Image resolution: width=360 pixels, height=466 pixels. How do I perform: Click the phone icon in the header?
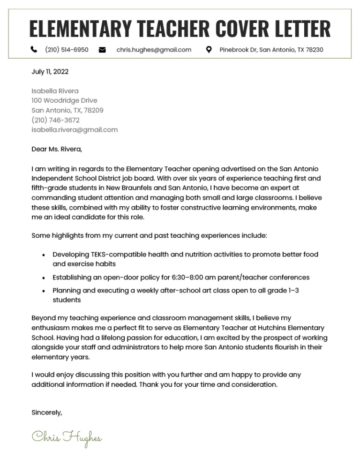coord(34,50)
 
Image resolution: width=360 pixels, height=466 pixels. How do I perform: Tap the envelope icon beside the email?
coord(102,50)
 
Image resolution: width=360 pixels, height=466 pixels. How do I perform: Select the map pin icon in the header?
coord(209,50)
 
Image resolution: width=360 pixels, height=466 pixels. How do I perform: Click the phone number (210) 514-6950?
coord(67,50)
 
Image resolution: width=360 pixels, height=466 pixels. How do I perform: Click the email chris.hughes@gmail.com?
coord(154,50)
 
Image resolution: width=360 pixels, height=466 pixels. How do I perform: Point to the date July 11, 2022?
coord(50,72)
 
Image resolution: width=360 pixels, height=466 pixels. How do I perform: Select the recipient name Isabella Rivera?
coord(55,91)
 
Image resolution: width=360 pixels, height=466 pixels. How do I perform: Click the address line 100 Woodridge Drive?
coord(64,100)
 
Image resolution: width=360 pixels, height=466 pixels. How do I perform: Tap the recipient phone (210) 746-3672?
coord(55,120)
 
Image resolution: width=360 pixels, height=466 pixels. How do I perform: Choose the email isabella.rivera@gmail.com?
coord(75,130)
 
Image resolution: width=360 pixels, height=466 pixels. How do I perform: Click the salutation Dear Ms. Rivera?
coord(57,149)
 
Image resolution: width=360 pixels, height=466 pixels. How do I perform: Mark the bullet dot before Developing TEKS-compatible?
coord(43,255)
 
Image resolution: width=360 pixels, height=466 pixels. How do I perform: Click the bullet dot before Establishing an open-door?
coord(43,278)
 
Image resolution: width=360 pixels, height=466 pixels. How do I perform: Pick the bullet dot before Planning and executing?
coord(43,291)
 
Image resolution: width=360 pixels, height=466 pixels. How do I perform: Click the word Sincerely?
coord(46,413)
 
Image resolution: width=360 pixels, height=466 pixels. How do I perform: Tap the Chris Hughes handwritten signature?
coord(67,437)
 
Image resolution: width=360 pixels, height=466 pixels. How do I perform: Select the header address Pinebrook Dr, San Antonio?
coord(271,50)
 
